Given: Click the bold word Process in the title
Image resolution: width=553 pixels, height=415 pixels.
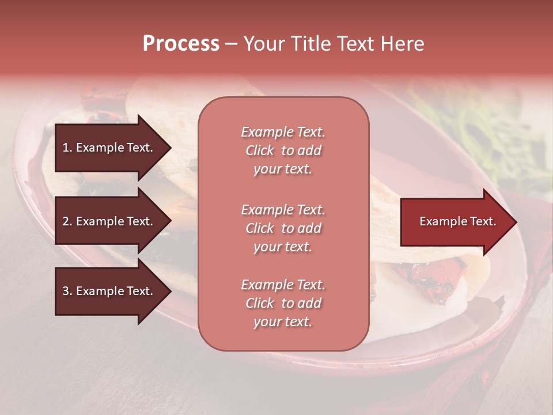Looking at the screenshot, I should (x=181, y=44).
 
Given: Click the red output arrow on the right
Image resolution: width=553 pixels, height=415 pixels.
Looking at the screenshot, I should (x=455, y=222).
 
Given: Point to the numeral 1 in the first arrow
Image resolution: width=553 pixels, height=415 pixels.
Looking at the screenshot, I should (x=65, y=148).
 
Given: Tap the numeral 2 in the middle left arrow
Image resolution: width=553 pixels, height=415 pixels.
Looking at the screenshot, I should (x=66, y=221).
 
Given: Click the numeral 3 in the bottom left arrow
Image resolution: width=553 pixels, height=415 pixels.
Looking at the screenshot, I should (x=66, y=291).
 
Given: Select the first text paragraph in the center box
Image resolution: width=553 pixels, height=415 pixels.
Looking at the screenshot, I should (x=283, y=150).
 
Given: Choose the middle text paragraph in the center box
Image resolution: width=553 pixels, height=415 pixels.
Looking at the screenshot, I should (x=283, y=228).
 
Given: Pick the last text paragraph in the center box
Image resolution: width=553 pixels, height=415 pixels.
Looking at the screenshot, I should (x=283, y=303).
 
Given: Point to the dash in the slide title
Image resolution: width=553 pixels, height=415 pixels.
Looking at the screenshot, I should (x=231, y=44).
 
